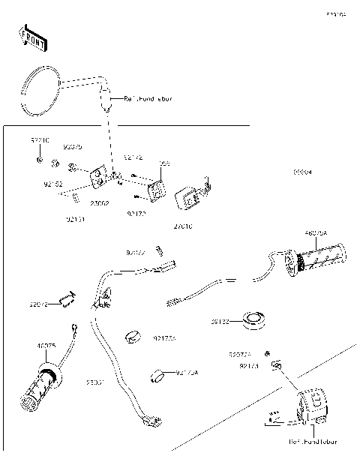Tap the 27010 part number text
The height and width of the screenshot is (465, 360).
(x=182, y=225)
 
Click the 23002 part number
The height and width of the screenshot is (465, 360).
(x=100, y=202)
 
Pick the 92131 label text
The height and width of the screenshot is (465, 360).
(x=76, y=220)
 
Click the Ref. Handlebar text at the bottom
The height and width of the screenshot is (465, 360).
(x=314, y=442)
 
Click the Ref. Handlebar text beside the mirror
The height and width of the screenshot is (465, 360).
(x=148, y=98)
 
